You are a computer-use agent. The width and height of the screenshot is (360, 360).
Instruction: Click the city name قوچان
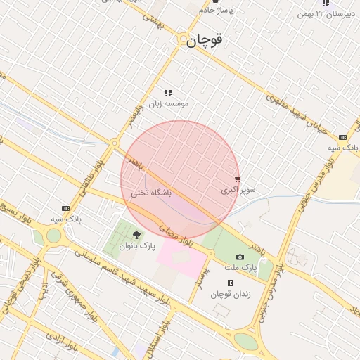(x=205, y=40)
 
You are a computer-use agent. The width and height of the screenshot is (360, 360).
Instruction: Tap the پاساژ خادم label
(x=215, y=11)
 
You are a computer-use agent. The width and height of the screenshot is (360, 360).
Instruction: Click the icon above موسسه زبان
(x=168, y=93)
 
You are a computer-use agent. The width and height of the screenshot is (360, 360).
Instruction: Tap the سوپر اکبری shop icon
(x=237, y=179)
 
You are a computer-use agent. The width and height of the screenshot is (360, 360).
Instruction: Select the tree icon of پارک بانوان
(x=136, y=235)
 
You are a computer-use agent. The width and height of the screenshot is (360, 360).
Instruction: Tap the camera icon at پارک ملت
(x=240, y=257)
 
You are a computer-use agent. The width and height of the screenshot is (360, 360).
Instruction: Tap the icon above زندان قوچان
(x=230, y=283)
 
